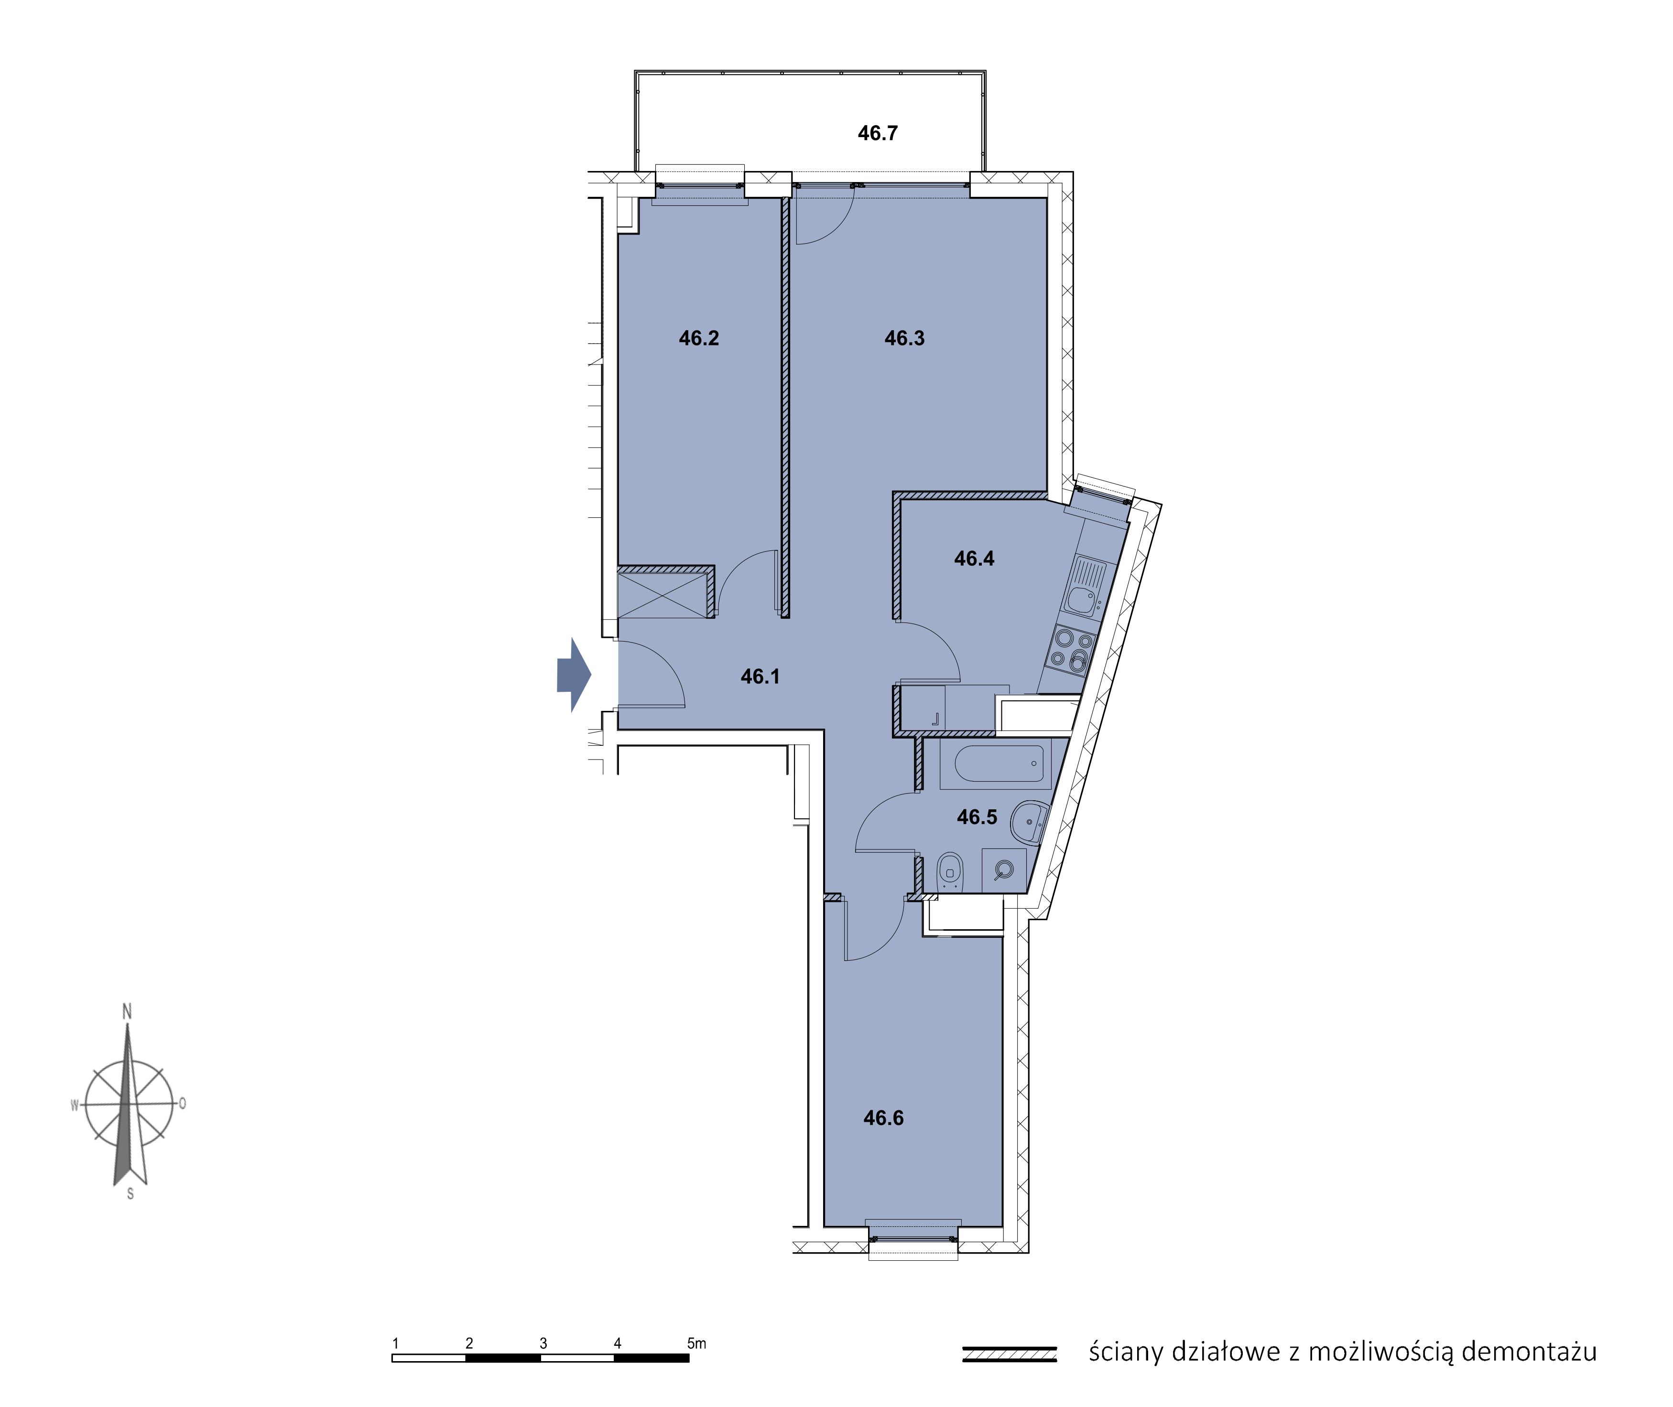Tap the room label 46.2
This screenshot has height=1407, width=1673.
point(699,338)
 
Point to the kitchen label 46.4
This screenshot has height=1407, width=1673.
point(974,559)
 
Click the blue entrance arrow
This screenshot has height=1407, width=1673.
point(574,675)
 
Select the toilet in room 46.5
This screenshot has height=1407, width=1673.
point(949,872)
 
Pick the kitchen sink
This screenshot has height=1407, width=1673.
point(1084,588)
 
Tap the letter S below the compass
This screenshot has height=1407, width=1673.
point(130,1194)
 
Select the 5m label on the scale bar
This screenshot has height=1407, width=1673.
point(696,1343)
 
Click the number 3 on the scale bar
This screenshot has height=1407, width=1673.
point(543,1343)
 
